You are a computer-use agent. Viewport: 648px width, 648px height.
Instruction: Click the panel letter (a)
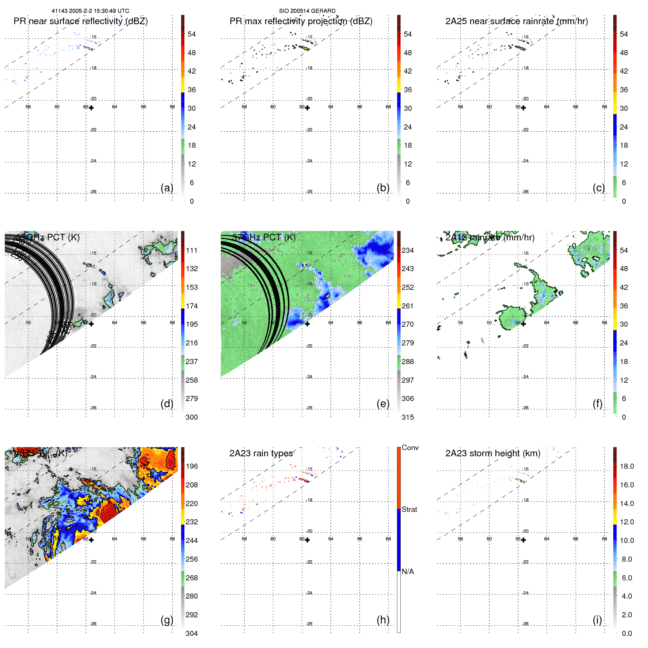167,188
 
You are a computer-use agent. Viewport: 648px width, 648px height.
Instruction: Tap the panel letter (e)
383,404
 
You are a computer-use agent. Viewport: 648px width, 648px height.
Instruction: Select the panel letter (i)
597,620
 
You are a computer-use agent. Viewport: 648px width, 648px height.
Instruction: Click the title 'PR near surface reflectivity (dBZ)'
80,21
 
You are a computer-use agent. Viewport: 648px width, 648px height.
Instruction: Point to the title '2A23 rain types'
261,453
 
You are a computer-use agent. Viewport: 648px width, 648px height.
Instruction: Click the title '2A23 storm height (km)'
492,453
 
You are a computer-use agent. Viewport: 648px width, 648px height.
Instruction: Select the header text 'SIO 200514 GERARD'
307,11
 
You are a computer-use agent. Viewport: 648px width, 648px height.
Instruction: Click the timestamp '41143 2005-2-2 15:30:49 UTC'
90,11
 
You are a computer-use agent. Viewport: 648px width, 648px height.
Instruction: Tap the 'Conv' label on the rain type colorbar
410,447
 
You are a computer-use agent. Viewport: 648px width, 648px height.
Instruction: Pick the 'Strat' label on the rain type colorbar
409,509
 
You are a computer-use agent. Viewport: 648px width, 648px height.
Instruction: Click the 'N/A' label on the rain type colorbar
408,572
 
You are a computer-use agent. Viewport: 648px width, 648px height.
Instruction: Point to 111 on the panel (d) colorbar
192,250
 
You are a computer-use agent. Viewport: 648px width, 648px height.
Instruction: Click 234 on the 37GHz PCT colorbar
408,250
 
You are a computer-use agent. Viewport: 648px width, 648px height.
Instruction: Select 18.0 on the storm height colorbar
627,466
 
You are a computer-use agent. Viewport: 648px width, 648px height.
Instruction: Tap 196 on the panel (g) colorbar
192,466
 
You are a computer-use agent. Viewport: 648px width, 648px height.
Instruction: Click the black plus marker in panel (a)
91,108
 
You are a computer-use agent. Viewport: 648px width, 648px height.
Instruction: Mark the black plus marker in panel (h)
307,540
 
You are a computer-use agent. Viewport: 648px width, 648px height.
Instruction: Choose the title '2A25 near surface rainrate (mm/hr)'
517,21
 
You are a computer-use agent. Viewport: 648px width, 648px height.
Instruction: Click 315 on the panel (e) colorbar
408,417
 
